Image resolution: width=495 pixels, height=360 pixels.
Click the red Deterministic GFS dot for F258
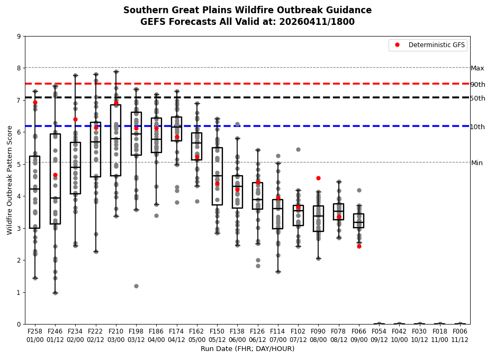click(x=35, y=103)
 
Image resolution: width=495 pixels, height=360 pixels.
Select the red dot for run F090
click(x=318, y=178)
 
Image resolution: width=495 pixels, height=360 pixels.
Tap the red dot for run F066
click(x=359, y=246)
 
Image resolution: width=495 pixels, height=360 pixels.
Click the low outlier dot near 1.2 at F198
click(x=136, y=286)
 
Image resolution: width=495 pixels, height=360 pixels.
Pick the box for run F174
click(x=176, y=129)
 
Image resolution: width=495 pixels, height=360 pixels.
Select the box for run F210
click(x=115, y=140)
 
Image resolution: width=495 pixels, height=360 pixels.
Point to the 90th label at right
click(x=478, y=85)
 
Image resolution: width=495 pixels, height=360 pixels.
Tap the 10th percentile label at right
click(x=478, y=127)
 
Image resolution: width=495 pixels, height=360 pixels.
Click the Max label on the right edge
click(x=478, y=68)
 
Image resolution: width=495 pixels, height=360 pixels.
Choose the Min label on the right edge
click(x=477, y=163)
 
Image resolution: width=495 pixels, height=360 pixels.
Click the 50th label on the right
click(x=478, y=98)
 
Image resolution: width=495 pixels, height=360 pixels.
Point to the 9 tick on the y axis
click(x=19, y=37)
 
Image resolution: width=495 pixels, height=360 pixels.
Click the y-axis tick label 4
click(x=19, y=196)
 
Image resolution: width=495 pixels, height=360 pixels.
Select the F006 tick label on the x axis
click(x=460, y=331)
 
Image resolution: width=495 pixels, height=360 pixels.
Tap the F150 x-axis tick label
click(x=217, y=331)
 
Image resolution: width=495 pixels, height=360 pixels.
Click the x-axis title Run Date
click(x=247, y=349)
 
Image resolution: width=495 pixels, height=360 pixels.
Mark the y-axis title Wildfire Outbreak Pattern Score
click(x=10, y=180)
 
